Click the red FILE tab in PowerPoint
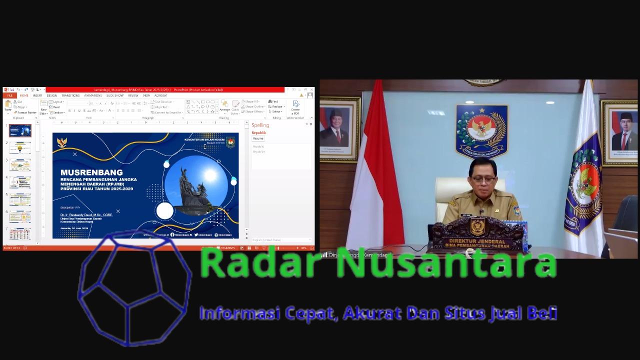pos(9,95)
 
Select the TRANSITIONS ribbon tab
pos(70,95)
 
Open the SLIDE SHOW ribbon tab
pos(114,95)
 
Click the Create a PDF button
pos(295,106)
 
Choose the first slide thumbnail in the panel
pos(20,131)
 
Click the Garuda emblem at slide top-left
pos(62,143)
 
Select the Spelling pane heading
pos(260,125)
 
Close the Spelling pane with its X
pos(311,124)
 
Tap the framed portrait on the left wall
pos(340,128)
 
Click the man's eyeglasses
pos(482,176)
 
